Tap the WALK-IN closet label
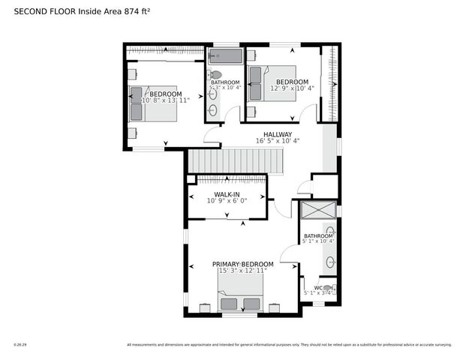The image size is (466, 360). tap(227, 193)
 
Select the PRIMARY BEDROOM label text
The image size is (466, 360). tap(242, 264)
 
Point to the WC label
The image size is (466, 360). tap(318, 288)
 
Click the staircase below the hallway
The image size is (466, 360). tap(236, 160)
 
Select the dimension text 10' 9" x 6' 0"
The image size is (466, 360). tap(227, 201)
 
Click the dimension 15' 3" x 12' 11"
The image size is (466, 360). tap(242, 271)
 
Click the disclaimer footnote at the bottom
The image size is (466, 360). tap(289, 345)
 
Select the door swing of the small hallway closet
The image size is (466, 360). tap(305, 187)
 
